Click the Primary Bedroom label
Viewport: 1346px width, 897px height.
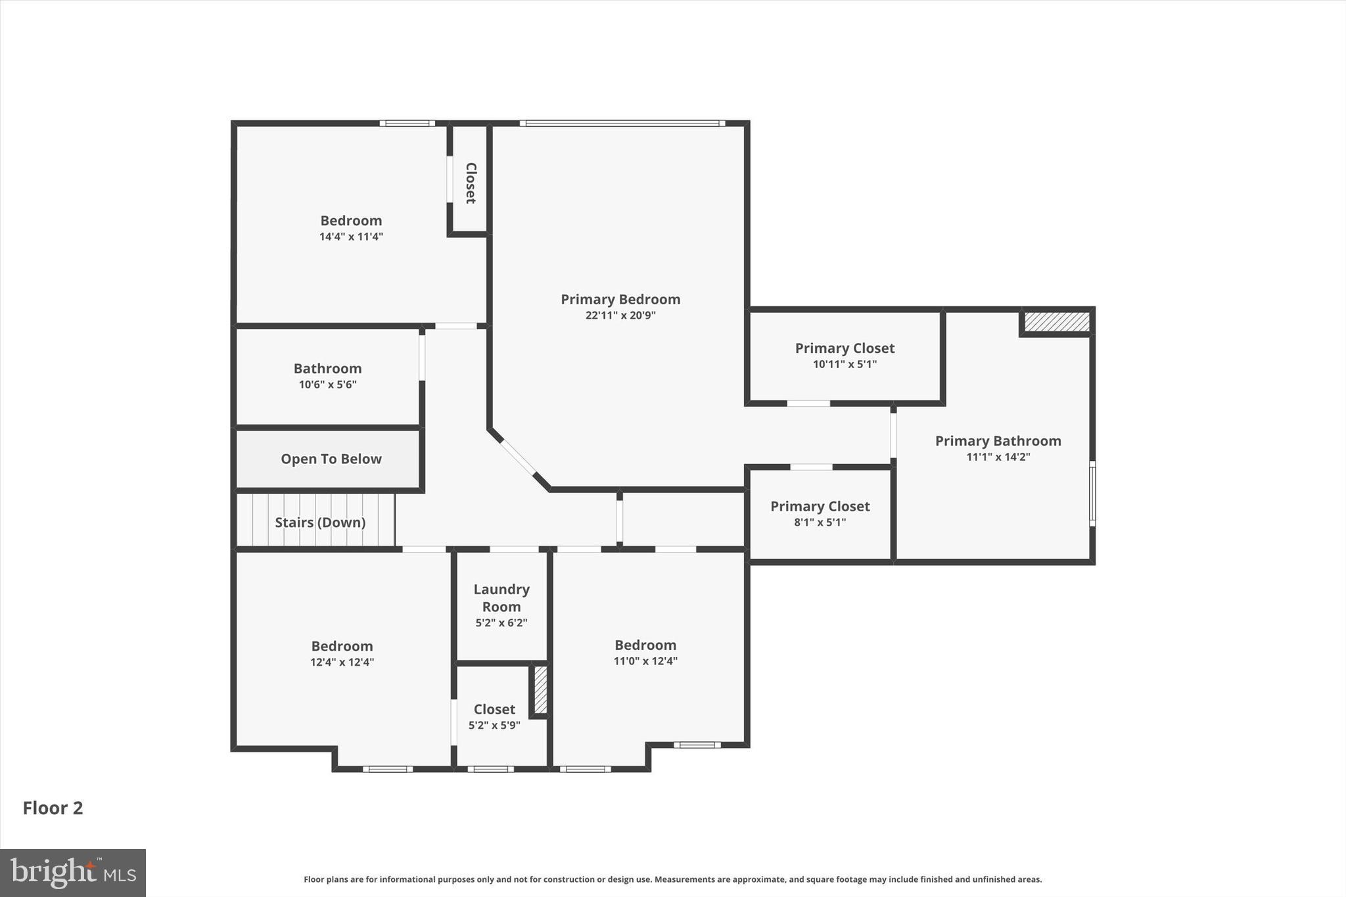point(620,300)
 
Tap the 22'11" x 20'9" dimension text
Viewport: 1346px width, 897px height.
point(620,315)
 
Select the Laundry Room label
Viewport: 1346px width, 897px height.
point(501,598)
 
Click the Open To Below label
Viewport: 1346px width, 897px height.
point(331,459)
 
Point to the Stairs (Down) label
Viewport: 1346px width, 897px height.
point(320,522)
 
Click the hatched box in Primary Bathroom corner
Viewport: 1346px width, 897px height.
point(1057,322)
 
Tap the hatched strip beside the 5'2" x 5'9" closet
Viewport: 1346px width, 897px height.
point(540,690)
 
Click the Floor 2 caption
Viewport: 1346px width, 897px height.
point(53,808)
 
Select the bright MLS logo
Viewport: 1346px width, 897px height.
point(73,873)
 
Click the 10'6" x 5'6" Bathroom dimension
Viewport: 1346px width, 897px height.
point(327,384)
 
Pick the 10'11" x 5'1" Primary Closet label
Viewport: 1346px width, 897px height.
point(845,348)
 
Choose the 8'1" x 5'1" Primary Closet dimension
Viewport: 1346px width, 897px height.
point(820,522)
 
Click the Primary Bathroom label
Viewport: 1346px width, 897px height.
point(998,441)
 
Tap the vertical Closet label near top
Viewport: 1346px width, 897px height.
point(471,183)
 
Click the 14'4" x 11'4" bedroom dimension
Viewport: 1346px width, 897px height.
point(351,237)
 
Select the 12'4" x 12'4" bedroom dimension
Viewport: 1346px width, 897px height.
point(342,662)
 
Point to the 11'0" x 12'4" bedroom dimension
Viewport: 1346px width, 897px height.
point(645,661)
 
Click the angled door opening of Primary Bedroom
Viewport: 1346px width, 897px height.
point(519,457)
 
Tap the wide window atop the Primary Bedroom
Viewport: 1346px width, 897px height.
point(622,123)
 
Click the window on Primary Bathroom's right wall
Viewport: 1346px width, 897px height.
point(1092,493)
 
